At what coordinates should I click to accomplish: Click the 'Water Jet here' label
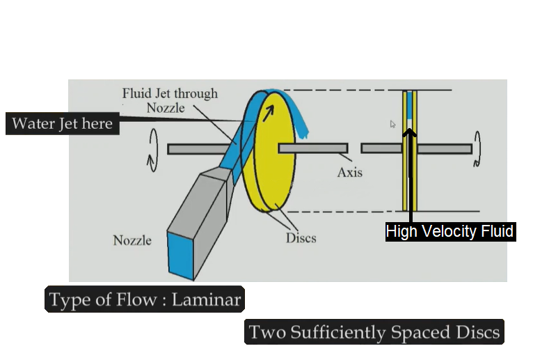click(x=61, y=124)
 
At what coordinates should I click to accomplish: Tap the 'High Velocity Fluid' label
click(x=450, y=232)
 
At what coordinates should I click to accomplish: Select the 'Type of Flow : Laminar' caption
click(x=145, y=300)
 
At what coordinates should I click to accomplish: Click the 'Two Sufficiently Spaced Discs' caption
click(x=374, y=332)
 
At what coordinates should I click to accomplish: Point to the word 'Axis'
click(x=349, y=172)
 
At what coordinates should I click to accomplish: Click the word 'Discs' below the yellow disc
click(x=301, y=238)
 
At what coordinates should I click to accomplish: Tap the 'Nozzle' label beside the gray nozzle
click(x=132, y=241)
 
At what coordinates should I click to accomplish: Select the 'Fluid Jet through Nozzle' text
click(x=170, y=100)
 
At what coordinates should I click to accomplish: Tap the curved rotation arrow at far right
click(x=477, y=149)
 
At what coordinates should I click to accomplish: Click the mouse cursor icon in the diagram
click(x=393, y=125)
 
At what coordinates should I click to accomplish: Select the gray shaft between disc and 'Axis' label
click(x=312, y=148)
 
